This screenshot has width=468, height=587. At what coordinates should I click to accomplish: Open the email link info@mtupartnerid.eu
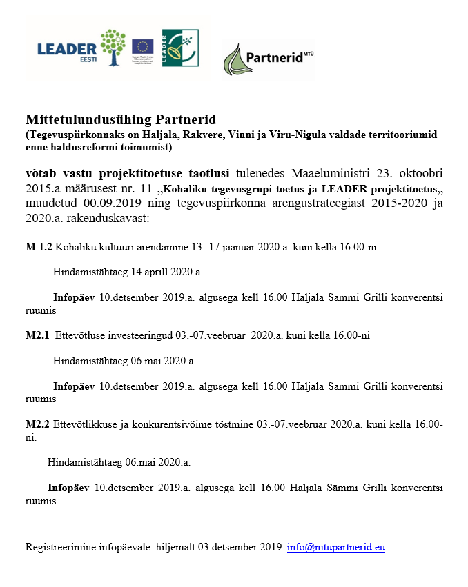pyautogui.click(x=336, y=547)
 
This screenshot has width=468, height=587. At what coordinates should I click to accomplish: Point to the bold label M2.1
pyautogui.click(x=37, y=336)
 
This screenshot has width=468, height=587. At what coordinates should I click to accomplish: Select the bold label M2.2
pyautogui.click(x=37, y=425)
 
